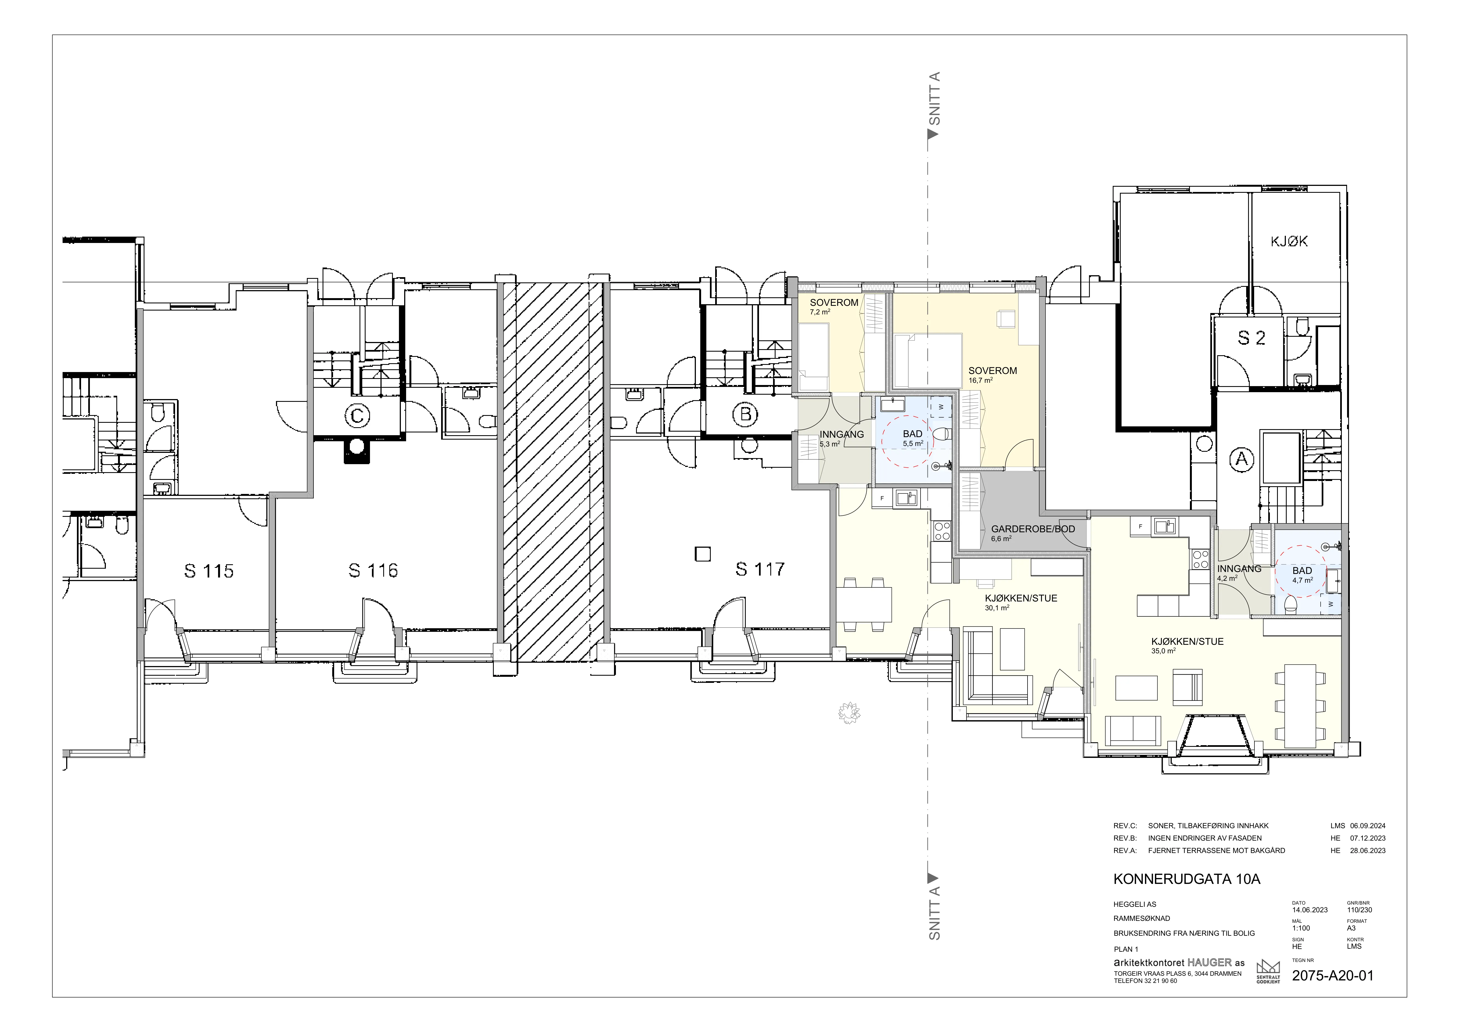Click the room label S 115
[209, 571]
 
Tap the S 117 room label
[760, 570]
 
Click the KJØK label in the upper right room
[1289, 242]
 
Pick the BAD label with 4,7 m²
[1302, 571]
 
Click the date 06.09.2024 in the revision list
[1367, 826]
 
